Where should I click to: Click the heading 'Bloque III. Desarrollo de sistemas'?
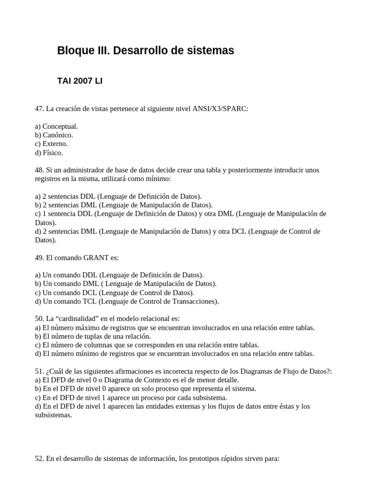(x=145, y=50)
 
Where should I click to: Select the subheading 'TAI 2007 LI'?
(x=80, y=80)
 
